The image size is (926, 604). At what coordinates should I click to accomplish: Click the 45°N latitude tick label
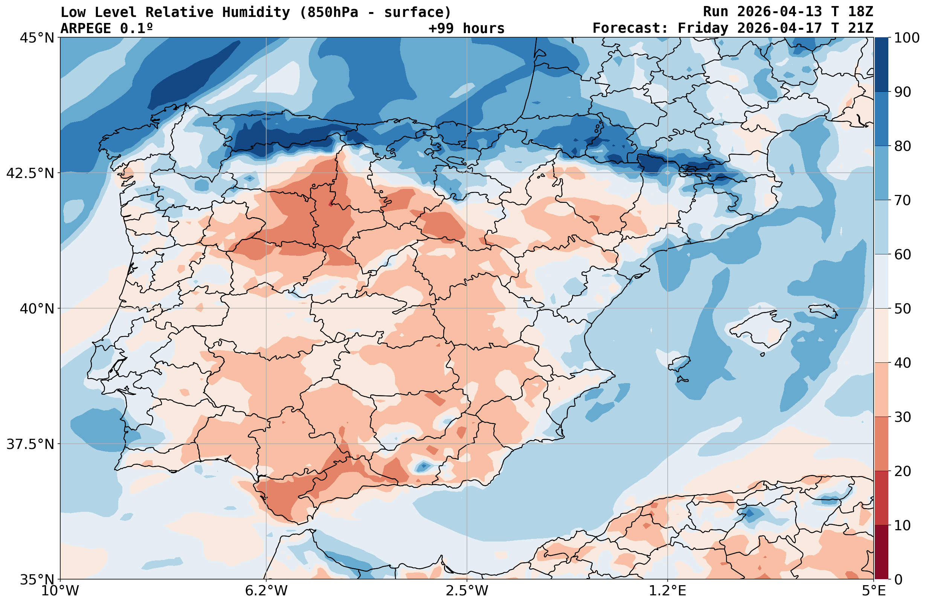pyautogui.click(x=37, y=38)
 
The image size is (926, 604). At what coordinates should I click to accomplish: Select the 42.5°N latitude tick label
pyautogui.click(x=30, y=173)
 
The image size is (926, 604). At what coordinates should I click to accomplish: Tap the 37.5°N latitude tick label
pyautogui.click(x=30, y=444)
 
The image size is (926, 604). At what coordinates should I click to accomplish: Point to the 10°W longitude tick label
pyautogui.click(x=60, y=591)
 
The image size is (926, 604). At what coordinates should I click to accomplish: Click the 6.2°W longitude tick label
pyautogui.click(x=266, y=591)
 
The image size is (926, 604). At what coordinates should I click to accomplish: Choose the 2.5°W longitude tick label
pyautogui.click(x=467, y=591)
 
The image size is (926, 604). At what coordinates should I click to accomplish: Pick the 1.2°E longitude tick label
pyautogui.click(x=668, y=591)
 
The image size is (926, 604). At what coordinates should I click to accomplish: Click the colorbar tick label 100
pyautogui.click(x=906, y=38)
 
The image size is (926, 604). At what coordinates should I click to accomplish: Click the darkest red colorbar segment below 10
pyautogui.click(x=881, y=552)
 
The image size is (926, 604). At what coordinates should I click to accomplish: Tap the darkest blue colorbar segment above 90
pyautogui.click(x=881, y=65)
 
